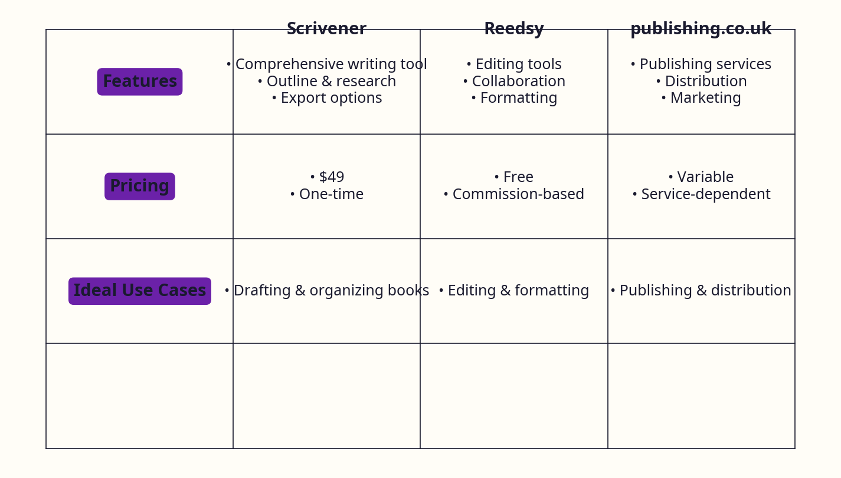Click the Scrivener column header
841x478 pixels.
click(x=326, y=28)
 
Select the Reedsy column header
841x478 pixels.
click(x=513, y=28)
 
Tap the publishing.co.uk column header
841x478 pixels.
click(x=701, y=28)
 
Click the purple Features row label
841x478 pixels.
click(x=140, y=82)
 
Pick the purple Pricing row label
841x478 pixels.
click(x=140, y=186)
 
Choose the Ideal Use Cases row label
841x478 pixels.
click(x=140, y=291)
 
